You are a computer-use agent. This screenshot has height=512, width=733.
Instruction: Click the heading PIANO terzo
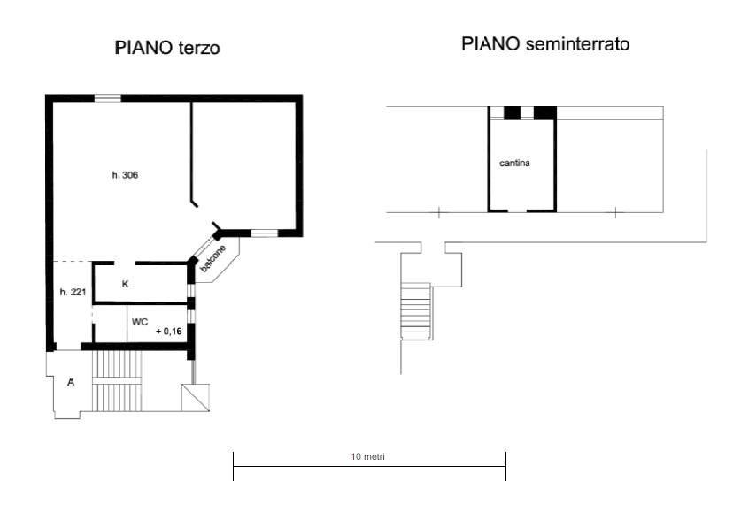pyautogui.click(x=167, y=48)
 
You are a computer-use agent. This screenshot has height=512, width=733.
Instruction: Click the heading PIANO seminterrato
pyautogui.click(x=545, y=44)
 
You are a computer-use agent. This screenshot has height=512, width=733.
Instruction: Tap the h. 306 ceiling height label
pyautogui.click(x=125, y=175)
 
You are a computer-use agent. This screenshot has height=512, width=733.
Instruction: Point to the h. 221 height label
pyautogui.click(x=73, y=293)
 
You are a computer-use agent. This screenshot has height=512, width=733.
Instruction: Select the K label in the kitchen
pyautogui.click(x=126, y=284)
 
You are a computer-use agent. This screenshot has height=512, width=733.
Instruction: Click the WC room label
pyautogui.click(x=140, y=322)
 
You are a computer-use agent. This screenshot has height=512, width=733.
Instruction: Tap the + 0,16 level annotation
pyautogui.click(x=169, y=332)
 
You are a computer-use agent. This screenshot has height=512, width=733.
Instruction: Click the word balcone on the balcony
pyautogui.click(x=212, y=258)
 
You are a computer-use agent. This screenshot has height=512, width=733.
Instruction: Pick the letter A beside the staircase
pyautogui.click(x=71, y=382)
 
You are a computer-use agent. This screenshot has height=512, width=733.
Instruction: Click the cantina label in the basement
pyautogui.click(x=514, y=163)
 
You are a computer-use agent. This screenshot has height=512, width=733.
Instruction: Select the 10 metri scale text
pyautogui.click(x=368, y=456)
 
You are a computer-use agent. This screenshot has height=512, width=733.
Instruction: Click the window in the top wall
pyautogui.click(x=108, y=98)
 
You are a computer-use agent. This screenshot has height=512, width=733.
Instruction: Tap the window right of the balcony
pyautogui.click(x=265, y=233)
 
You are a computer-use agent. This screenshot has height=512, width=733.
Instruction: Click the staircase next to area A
pyautogui.click(x=117, y=381)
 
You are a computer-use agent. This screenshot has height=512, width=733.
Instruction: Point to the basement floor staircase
pyautogui.click(x=415, y=310)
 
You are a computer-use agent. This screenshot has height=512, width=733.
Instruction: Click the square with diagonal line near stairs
pyautogui.click(x=196, y=398)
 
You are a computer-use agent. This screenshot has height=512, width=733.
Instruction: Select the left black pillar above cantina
pyautogui.click(x=512, y=112)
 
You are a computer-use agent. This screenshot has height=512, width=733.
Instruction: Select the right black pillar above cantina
pyautogui.click(x=545, y=112)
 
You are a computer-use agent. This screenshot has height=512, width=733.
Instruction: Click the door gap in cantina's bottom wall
pyautogui.click(x=517, y=211)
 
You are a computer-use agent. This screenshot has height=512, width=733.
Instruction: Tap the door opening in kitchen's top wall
pyautogui.click(x=124, y=264)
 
